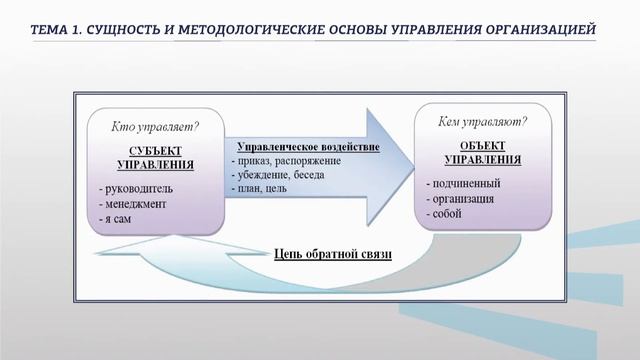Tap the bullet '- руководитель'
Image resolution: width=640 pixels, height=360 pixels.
coord(138,187)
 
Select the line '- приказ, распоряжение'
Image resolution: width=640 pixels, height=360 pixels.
coord(286,161)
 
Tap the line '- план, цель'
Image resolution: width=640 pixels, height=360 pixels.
coord(262,187)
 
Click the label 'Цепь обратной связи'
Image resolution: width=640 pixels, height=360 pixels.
coord(332,253)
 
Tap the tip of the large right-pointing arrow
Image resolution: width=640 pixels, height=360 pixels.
coord(412,157)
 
